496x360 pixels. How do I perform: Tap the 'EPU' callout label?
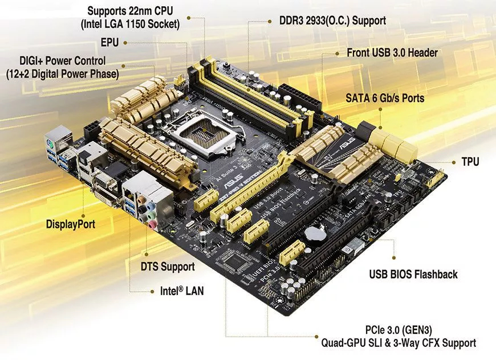click(x=110, y=43)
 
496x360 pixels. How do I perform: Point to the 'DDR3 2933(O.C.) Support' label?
click(x=332, y=21)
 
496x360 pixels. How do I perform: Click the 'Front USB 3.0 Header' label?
click(x=392, y=52)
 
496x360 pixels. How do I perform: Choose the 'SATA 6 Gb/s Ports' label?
click(x=385, y=98)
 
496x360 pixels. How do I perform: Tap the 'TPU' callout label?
click(x=470, y=162)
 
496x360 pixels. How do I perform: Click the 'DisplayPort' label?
click(x=71, y=224)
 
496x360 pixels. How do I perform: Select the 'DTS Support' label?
click(x=168, y=266)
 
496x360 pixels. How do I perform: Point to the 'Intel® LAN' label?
click(x=182, y=291)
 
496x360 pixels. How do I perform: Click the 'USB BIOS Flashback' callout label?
click(x=413, y=275)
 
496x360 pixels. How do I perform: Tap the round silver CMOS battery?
click(x=312, y=234)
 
